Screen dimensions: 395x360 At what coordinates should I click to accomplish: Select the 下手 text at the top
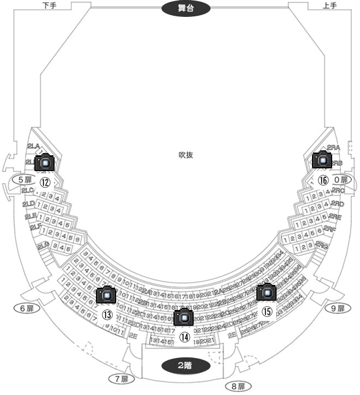(49, 5)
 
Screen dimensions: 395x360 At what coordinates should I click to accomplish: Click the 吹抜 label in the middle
(186, 155)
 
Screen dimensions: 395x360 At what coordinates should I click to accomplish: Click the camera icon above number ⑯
(322, 160)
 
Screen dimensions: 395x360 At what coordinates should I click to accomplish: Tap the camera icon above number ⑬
(106, 295)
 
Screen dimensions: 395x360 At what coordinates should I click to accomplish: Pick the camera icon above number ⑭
(184, 317)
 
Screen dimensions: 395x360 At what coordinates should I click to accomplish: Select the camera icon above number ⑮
(267, 293)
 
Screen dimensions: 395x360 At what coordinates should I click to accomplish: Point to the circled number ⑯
(323, 180)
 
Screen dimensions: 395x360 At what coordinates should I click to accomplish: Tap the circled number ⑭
(185, 337)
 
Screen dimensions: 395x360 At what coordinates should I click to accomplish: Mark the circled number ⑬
(107, 315)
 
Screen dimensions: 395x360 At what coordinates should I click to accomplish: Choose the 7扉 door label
(121, 379)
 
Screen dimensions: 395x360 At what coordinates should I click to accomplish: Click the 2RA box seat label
(333, 148)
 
